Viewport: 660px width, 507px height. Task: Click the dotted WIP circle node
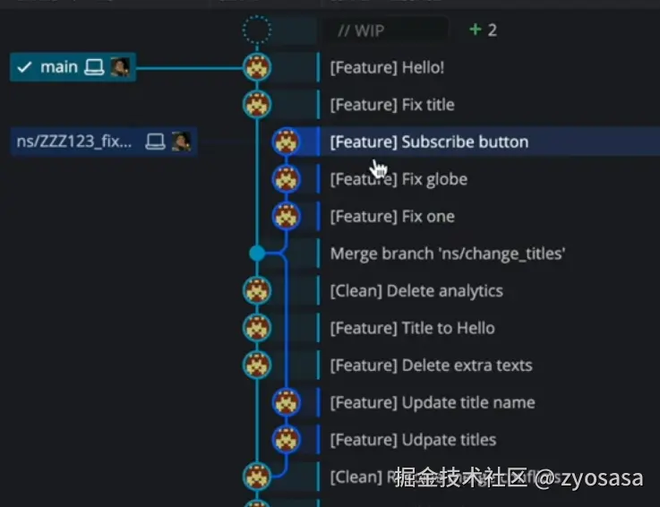257,30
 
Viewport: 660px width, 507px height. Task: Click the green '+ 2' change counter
484,30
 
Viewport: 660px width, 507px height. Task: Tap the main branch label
59,67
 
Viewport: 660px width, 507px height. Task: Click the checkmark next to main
25,67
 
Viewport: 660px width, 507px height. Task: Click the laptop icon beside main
94,67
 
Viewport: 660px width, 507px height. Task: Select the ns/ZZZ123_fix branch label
74,142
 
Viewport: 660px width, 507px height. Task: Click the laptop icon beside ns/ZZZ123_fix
155,142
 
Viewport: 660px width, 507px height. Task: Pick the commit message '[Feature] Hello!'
387,67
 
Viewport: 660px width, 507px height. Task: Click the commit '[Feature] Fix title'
392,105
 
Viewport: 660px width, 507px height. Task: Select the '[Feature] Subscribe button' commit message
429,142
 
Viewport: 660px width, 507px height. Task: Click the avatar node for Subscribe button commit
286,142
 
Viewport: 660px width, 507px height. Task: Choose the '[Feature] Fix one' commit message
392,217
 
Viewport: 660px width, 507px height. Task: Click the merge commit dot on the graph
257,253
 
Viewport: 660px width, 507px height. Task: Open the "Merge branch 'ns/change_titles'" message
448,253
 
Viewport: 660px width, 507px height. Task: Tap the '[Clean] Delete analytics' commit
416,291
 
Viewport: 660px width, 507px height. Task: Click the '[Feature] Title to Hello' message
412,328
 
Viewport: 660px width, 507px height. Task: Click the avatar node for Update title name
286,402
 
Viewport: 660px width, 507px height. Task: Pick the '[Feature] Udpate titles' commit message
413,440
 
